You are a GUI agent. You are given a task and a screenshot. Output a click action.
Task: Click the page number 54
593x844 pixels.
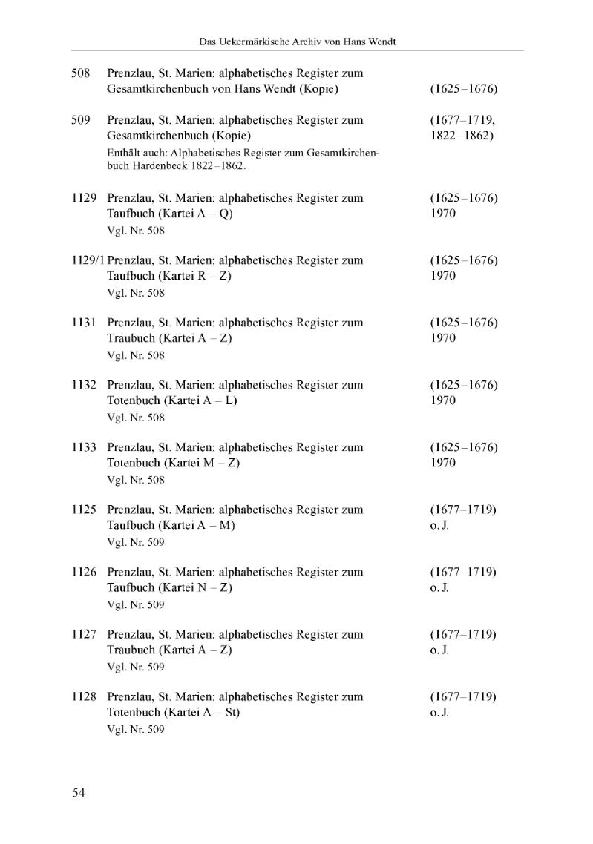pos(79,793)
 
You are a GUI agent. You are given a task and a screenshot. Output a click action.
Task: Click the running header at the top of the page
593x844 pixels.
pos(298,42)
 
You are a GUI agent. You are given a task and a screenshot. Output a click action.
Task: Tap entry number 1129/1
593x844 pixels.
pos(88,260)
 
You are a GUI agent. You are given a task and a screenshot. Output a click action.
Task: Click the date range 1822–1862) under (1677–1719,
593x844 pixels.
pos(462,136)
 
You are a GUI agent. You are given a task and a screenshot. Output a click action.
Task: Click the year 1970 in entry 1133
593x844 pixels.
pos(442,463)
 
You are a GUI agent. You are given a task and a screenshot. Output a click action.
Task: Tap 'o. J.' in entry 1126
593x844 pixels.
pos(440,587)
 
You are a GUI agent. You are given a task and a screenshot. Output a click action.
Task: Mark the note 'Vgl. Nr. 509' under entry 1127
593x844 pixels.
pos(136,667)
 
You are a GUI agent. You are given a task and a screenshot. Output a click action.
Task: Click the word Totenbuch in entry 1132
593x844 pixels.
pos(134,400)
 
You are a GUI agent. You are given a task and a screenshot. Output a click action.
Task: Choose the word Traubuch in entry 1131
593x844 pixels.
pos(131,338)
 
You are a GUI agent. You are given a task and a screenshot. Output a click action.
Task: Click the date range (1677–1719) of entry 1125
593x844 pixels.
pos(463,510)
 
